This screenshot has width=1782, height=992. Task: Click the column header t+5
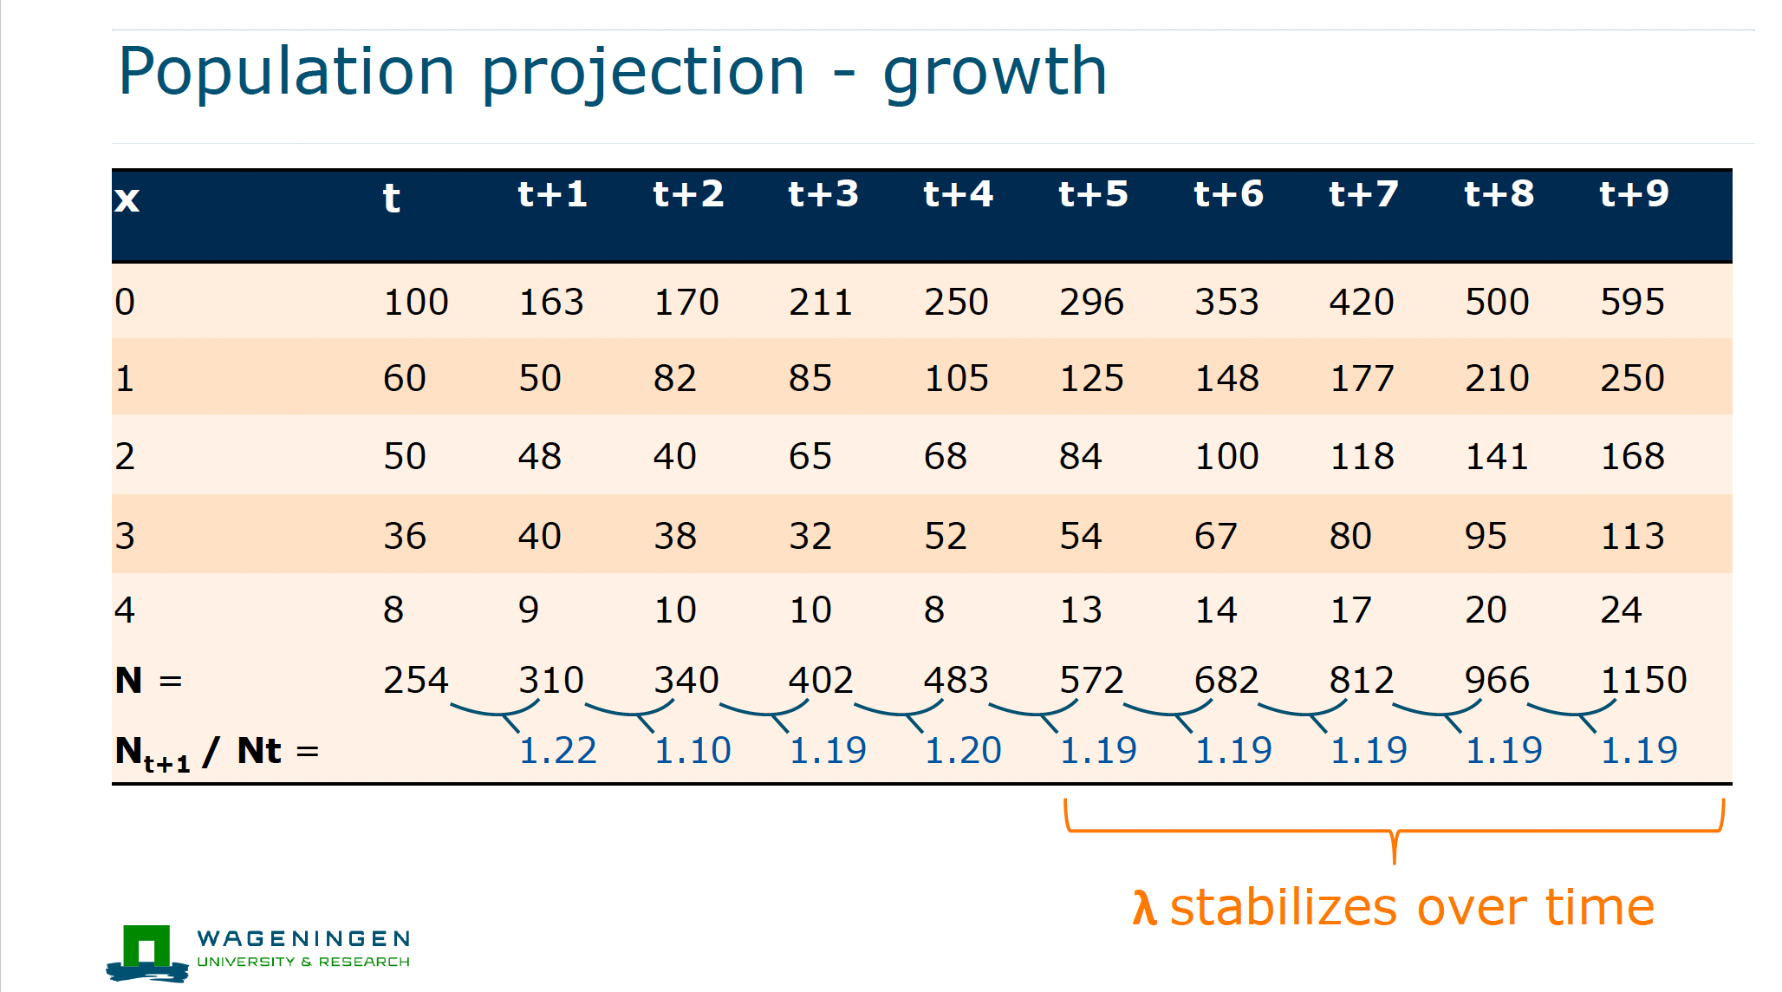click(1093, 194)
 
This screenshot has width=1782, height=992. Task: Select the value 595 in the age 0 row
click(1632, 302)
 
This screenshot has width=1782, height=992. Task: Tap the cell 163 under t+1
click(551, 302)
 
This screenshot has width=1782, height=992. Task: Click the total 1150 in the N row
click(1643, 680)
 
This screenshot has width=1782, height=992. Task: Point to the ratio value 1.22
click(557, 750)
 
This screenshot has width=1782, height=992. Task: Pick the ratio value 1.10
click(693, 750)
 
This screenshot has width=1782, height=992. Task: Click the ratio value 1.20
click(963, 750)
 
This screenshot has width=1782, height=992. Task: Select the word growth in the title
click(995, 73)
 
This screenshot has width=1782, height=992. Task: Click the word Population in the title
click(287, 73)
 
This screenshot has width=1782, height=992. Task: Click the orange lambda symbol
click(1144, 908)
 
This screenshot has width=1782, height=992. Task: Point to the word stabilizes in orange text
click(1284, 908)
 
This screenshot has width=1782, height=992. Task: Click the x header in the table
click(127, 199)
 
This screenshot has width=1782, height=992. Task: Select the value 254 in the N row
click(416, 680)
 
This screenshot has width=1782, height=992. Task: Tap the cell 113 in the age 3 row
click(1632, 536)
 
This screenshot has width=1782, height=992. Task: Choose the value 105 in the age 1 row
click(956, 378)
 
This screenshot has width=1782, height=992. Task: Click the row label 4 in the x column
click(125, 610)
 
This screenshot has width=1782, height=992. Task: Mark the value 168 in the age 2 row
click(1632, 456)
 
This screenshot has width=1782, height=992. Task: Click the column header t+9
click(1634, 194)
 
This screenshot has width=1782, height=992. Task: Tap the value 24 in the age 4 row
click(1621, 610)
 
